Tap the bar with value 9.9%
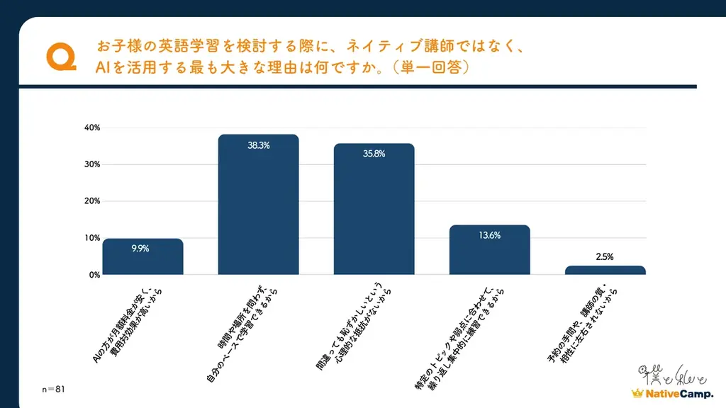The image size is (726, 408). tap(143, 256)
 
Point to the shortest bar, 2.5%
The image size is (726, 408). tap(605, 270)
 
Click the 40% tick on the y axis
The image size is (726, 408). tap(92, 128)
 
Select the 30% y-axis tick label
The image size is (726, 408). tap(92, 164)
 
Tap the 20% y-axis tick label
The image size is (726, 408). tap(92, 201)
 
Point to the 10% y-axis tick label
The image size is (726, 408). tap(92, 238)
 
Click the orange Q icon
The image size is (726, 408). tap(60, 57)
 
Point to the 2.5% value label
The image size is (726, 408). tap(605, 258)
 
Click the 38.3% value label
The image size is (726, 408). tap(258, 145)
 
